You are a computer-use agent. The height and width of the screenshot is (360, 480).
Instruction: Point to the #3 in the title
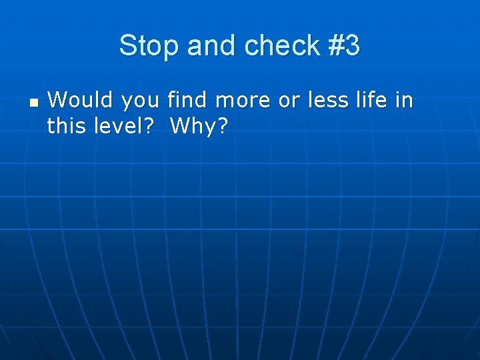[x=344, y=46]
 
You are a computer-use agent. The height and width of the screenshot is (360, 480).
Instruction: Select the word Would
[x=74, y=101]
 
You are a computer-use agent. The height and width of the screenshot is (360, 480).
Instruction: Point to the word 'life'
[x=373, y=101]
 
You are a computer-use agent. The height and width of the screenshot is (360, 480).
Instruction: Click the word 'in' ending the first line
[x=405, y=101]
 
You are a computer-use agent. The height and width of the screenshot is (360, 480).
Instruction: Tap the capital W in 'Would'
[x=57, y=101]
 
